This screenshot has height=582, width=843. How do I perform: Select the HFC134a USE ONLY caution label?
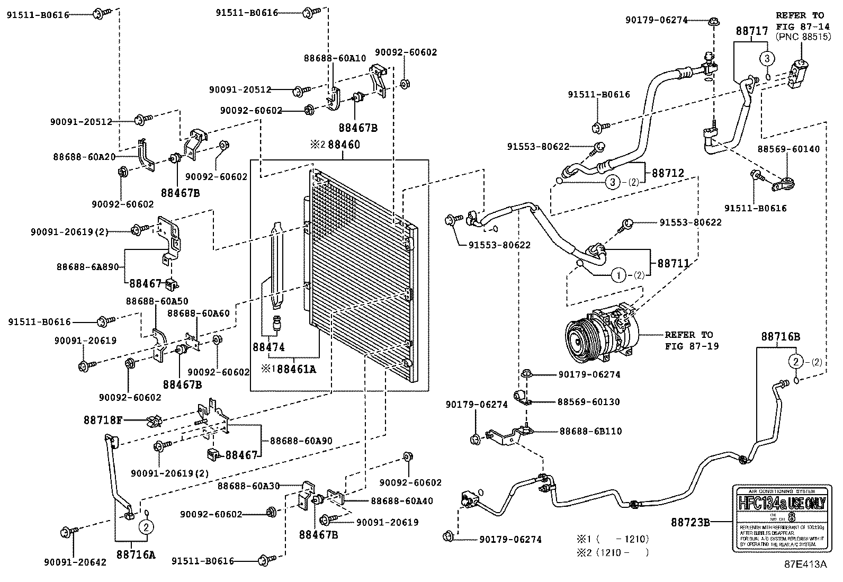pos(779,517)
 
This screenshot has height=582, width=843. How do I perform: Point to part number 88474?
pos(269,347)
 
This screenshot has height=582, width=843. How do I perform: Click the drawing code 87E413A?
pos(805,564)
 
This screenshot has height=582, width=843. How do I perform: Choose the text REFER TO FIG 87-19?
pos(688,341)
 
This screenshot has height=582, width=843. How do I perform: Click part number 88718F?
pos(103,420)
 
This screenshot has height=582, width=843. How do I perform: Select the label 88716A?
pos(137,554)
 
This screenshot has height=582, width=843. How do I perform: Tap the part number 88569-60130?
pos(588,402)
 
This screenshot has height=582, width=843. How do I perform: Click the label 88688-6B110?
pos(590,431)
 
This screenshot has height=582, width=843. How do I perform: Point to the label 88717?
pos(751,31)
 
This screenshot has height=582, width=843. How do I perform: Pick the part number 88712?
pos(668,173)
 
